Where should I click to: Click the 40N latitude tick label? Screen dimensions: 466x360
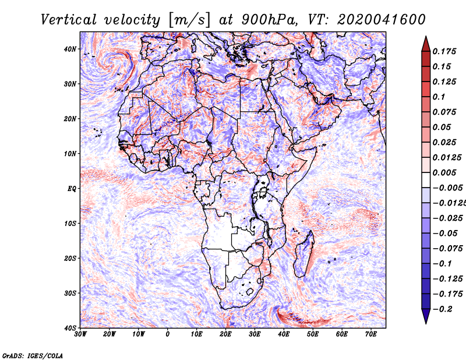pos(70,49)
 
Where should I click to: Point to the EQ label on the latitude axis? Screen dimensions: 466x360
pos(72,189)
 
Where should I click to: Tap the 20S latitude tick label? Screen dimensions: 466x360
pos(70,258)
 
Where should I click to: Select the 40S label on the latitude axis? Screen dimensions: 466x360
pos(70,328)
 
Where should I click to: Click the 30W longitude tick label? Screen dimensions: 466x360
pos(80,334)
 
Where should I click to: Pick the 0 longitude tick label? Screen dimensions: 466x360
pos(168,334)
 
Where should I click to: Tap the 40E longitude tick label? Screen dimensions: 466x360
pos(284,334)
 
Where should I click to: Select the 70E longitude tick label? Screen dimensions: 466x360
pos(371,334)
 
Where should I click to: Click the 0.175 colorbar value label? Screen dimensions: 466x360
pos(444,51)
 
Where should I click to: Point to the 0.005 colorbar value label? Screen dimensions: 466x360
pos(444,172)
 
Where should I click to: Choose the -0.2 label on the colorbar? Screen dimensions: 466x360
pos(442,309)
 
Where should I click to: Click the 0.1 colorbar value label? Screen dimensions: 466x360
pos(439,97)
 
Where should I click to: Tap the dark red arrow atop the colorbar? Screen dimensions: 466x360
pos(426,44)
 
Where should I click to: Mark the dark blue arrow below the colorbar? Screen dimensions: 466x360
pos(426,316)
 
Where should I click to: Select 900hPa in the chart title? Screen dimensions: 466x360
pos(269,20)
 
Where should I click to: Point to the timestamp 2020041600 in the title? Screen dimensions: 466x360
pos(382,20)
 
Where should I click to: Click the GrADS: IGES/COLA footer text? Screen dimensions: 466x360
pos(33,356)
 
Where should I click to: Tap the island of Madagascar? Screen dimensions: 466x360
pos(304,254)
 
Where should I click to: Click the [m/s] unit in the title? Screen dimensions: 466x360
pos(189,20)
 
